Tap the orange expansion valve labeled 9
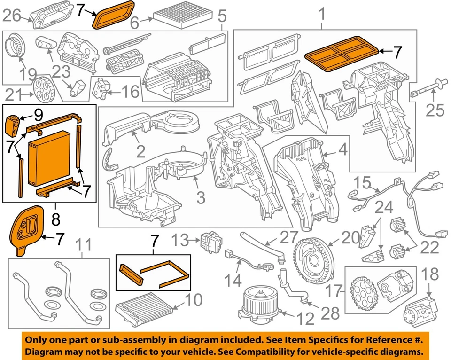13,124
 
